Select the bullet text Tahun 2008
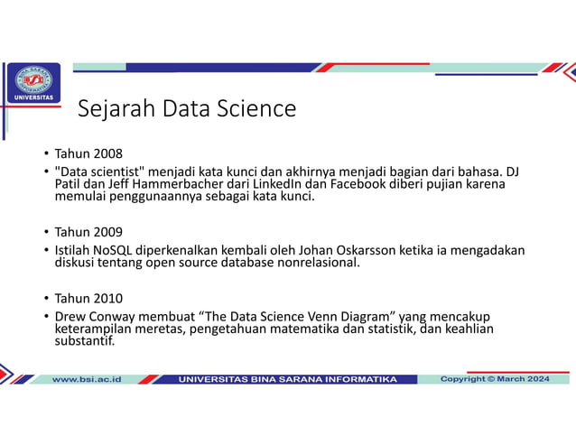pos(88,153)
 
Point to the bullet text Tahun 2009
pos(88,231)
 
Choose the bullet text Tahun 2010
pos(88,298)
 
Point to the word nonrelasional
pos(319,263)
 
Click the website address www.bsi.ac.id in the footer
pos(87,379)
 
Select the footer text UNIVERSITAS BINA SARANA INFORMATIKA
pos(287,379)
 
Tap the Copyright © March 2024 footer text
pos(494,379)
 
